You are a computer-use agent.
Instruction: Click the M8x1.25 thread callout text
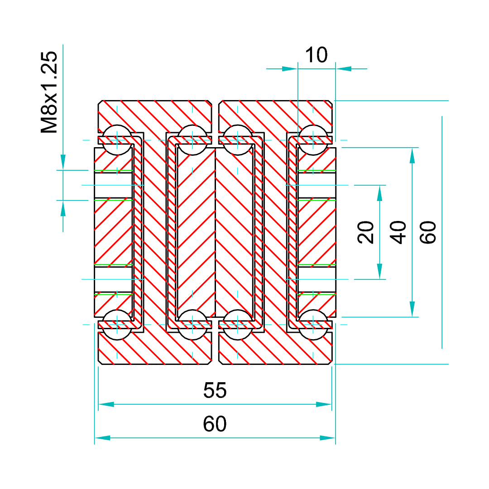point(49,92)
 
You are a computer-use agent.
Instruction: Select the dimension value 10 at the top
point(316,55)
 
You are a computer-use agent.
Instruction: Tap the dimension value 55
point(215,390)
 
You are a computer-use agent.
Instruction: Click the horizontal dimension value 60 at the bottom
point(215,423)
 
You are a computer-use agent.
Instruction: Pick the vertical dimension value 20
point(365,232)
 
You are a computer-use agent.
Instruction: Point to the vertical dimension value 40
point(398,232)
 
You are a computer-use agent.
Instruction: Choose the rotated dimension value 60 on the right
point(428,232)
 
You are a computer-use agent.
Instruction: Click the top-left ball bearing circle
point(117,140)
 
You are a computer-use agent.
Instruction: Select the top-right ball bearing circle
point(313,140)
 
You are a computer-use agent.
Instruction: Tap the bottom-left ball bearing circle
point(117,325)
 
